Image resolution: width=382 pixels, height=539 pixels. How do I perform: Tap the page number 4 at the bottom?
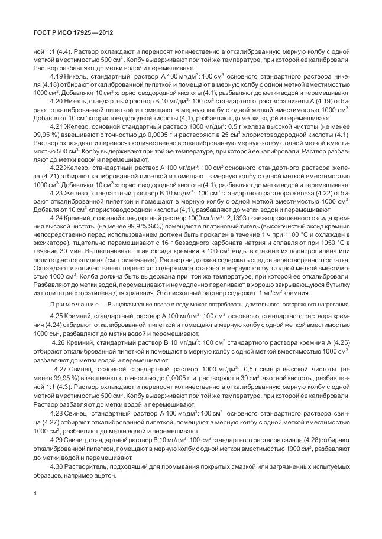(36, 493)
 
